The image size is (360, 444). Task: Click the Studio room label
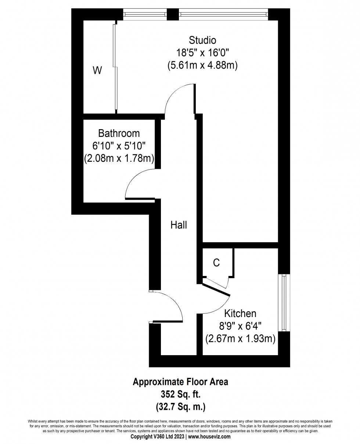tap(202, 40)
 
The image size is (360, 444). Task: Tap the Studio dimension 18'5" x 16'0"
tap(202, 52)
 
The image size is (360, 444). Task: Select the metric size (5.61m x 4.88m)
tap(202, 65)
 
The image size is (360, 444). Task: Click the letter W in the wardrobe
tap(97, 70)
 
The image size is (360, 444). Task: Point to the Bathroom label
tap(119, 133)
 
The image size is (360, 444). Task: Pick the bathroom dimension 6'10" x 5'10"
tap(119, 146)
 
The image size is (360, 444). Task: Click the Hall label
tap(179, 225)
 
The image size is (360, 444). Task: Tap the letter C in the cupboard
tap(216, 263)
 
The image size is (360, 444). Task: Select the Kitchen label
tap(240, 314)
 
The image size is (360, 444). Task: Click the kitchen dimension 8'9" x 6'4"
tap(240, 326)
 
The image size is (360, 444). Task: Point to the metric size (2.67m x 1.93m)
tap(240, 339)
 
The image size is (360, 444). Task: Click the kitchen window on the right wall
tap(284, 303)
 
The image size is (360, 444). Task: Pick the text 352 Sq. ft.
tap(180, 394)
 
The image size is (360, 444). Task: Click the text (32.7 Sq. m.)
tap(180, 407)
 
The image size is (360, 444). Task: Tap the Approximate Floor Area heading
tap(180, 382)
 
